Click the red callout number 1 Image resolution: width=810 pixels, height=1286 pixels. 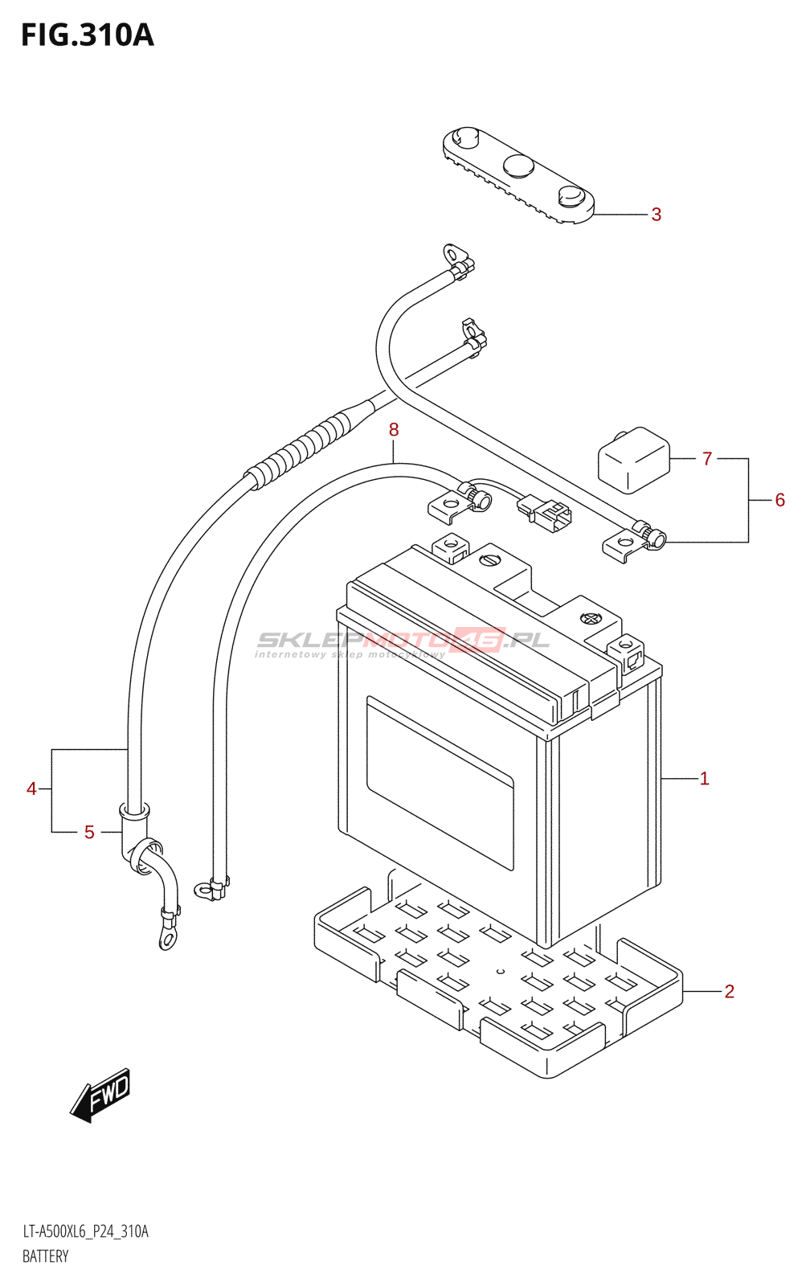(705, 779)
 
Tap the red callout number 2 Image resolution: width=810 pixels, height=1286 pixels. (729, 992)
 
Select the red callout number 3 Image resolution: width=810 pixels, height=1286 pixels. (657, 215)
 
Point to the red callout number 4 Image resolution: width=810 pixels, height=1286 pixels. (31, 788)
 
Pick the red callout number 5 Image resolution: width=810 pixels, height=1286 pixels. (89, 832)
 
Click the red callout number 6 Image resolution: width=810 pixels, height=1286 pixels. (779, 500)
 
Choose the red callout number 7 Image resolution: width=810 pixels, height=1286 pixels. (707, 459)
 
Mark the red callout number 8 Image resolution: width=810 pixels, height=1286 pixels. (393, 429)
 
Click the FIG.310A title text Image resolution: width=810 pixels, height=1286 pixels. (88, 35)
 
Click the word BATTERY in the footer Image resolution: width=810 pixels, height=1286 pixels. (45, 1256)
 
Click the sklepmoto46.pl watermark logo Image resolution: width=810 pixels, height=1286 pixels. (402, 643)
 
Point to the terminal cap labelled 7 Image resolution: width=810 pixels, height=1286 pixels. (634, 460)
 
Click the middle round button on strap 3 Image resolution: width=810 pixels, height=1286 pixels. (519, 166)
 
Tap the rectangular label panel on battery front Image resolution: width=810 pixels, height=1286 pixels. (440, 783)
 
